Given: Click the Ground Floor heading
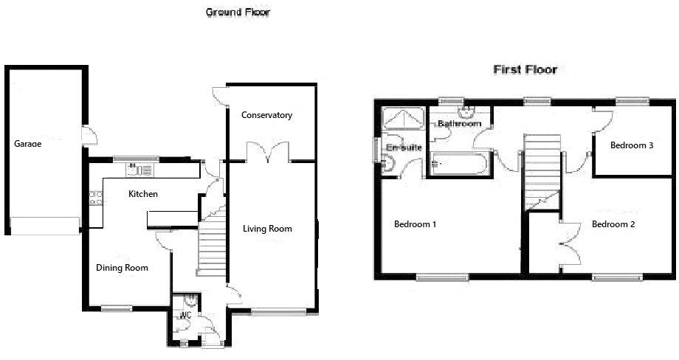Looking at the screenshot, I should tap(238, 12).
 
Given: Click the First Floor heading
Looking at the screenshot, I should tap(525, 70).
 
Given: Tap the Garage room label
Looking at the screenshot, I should tap(27, 144).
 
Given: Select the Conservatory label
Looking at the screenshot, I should tap(266, 115).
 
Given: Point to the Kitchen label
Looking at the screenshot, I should tap(143, 194).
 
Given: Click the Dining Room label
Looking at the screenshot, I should tap(122, 268).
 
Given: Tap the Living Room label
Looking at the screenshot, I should tap(267, 229).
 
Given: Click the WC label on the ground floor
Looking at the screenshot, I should tap(185, 315).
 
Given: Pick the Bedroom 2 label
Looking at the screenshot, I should tap(613, 224).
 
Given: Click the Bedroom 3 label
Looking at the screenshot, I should tap(632, 145).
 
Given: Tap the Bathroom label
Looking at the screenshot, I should tap(459, 124).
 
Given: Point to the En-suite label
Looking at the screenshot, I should tap(404, 148).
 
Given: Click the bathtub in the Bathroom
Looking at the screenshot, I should tap(458, 165).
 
